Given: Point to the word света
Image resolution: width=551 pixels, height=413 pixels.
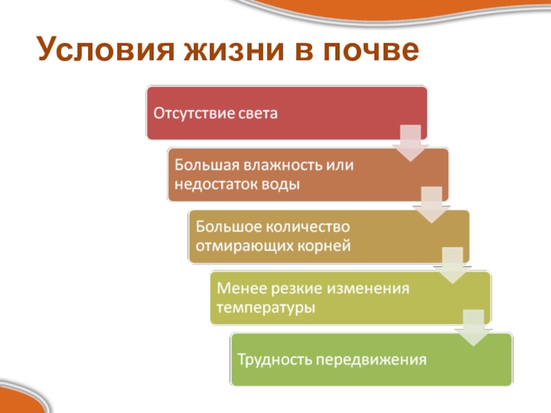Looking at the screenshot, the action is [x=258, y=113].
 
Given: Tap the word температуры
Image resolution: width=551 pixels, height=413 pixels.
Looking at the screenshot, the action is [x=266, y=307].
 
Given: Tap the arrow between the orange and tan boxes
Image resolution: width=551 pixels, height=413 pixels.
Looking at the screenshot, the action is [x=431, y=204].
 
